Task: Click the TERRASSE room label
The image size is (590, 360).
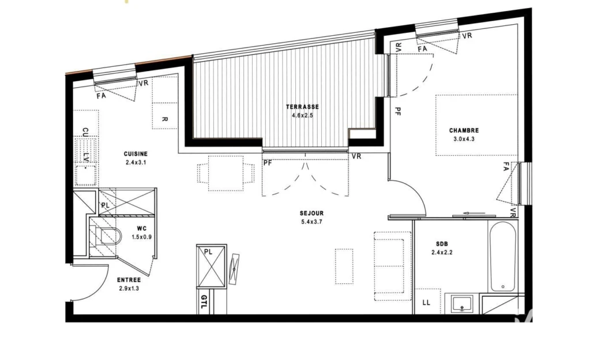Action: tap(302, 107)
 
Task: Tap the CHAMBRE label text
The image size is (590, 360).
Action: tap(464, 130)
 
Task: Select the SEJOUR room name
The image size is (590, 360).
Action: tap(311, 213)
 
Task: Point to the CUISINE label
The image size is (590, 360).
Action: tap(136, 154)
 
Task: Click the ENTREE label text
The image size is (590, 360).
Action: tap(129, 280)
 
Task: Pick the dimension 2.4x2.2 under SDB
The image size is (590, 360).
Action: tap(442, 252)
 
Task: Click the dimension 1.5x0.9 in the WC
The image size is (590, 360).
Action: tap(141, 237)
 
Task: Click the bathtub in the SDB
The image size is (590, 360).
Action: tap(503, 256)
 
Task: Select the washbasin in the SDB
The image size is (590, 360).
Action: tap(463, 304)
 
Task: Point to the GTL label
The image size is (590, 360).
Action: tap(204, 301)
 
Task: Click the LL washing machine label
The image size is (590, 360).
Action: tap(426, 302)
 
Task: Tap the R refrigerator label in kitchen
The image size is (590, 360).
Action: tap(164, 119)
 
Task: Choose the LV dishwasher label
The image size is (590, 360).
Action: tap(86, 157)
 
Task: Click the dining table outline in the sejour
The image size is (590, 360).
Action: tap(226, 173)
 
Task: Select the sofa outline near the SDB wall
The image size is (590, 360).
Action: tap(392, 266)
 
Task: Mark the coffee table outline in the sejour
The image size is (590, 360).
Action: tap(344, 266)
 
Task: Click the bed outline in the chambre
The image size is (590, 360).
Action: tap(476, 125)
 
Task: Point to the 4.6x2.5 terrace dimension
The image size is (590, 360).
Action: tap(302, 115)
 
